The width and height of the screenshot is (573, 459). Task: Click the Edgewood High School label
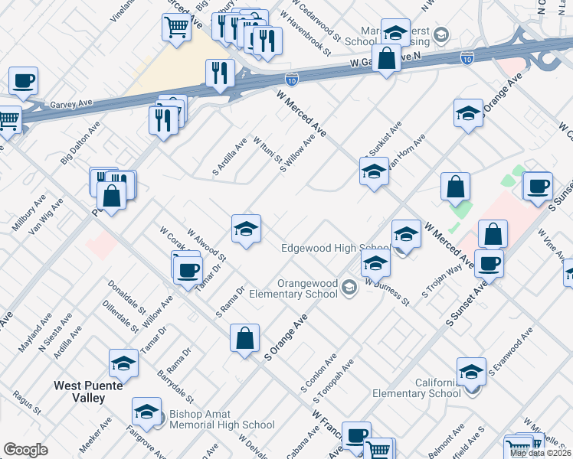point(336,248)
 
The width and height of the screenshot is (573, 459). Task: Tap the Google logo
point(25,450)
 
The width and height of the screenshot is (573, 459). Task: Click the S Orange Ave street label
point(286,337)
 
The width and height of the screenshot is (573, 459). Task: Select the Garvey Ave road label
point(71,103)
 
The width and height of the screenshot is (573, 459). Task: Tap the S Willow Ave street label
point(299,153)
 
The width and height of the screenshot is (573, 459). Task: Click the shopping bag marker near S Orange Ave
point(244,338)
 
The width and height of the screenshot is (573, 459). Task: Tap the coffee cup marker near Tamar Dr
point(188,269)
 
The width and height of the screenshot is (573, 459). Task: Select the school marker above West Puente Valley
point(123,363)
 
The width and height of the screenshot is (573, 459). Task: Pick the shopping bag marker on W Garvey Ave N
point(387,57)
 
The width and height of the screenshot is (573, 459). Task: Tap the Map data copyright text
point(540,452)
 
